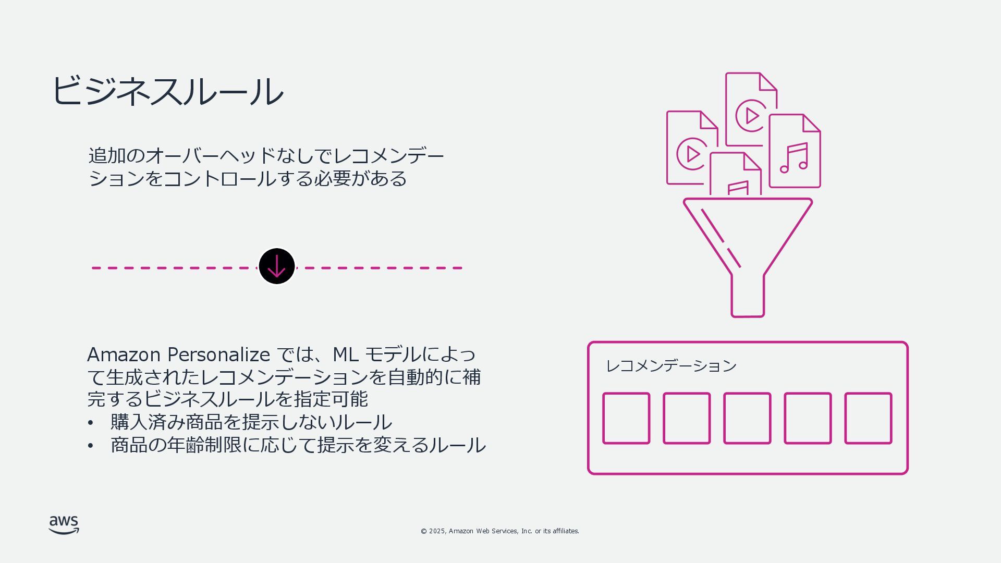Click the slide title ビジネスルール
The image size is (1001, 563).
167,91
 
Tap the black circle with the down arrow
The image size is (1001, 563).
277,266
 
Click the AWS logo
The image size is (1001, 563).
64,525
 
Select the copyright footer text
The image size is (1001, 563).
499,531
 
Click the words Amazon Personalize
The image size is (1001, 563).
178,355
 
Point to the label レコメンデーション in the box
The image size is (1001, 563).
671,366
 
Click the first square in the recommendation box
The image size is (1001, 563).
626,419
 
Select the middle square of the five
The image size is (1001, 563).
747,419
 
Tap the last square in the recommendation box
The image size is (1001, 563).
868,419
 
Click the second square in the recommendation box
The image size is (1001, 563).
687,419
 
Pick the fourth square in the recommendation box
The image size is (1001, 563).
808,419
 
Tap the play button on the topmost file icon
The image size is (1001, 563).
751,115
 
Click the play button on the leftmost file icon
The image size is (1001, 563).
692,154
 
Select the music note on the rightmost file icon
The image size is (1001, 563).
794,158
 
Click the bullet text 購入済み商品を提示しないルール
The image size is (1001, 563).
251,422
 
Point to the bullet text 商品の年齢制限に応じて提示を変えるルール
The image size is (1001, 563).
298,445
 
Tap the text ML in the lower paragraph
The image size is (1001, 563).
345,355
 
